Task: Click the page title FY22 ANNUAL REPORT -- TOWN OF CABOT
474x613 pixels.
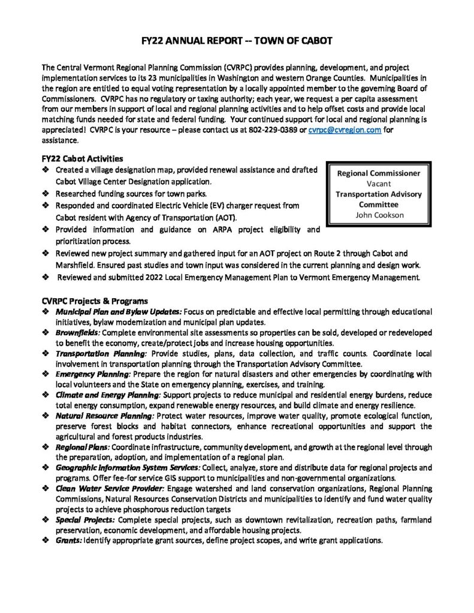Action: [237, 40]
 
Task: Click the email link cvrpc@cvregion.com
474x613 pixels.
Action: [345, 131]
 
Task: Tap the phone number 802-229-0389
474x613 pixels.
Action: [281, 131]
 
